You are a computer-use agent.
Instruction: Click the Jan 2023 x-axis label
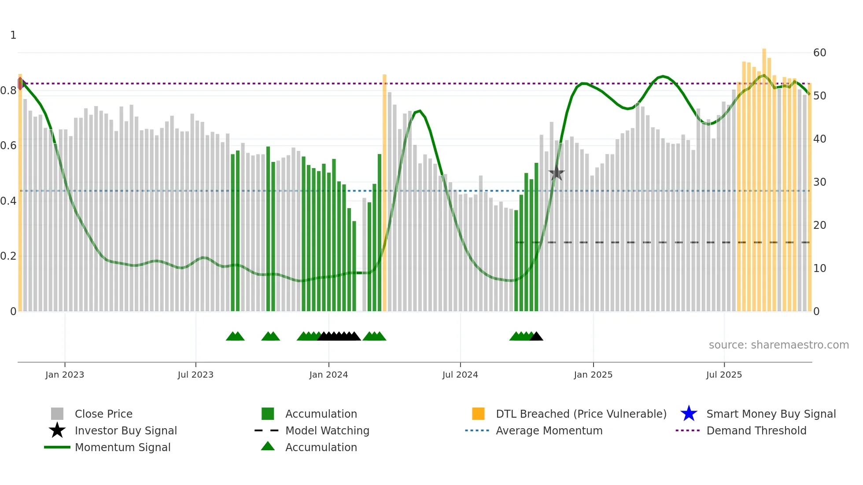pos(65,375)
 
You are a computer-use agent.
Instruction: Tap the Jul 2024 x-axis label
pos(460,375)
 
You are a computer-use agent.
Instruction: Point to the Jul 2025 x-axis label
pos(724,375)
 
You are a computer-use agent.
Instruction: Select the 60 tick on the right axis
pos(819,53)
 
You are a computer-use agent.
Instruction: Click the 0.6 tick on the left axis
pos(8,146)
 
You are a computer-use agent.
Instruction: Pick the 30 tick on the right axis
pos(819,182)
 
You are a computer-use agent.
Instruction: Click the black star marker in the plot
pos(557,173)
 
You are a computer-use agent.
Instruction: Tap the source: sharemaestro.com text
pos(778,345)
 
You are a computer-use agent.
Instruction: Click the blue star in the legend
pos(689,414)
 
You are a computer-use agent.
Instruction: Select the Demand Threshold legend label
pos(756,430)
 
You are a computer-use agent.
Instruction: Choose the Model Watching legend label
pos(327,430)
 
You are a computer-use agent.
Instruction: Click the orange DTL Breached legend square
pos(478,414)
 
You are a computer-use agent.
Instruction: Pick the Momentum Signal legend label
pos(122,447)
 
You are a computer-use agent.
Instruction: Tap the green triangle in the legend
pos(268,446)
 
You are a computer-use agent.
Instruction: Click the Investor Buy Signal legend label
pos(125,430)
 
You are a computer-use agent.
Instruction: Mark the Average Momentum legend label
pos(549,430)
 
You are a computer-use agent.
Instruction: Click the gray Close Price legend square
pos(57,414)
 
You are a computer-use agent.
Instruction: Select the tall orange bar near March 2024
pos(384,194)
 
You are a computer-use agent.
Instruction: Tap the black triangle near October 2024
pos(536,337)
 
